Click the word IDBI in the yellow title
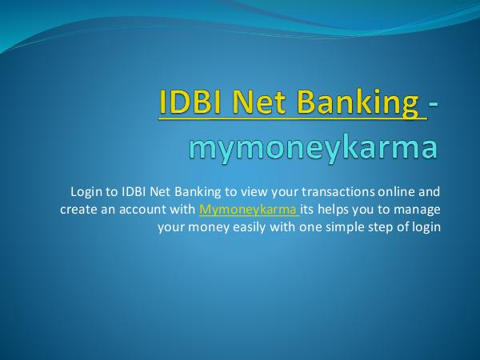[190, 101]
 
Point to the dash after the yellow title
[433, 104]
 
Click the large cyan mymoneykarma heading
[313, 149]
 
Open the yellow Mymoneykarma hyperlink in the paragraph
[248, 210]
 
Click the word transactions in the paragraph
[338, 192]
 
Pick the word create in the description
[78, 210]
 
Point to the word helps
[333, 210]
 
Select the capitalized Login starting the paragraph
[86, 193]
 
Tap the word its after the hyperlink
[306, 210]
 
